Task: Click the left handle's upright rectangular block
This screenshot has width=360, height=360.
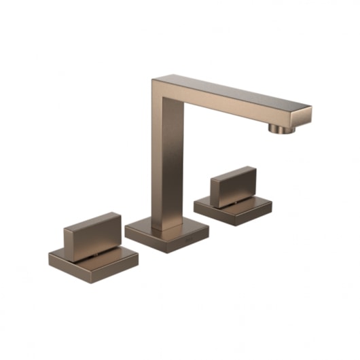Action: click(x=96, y=234)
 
